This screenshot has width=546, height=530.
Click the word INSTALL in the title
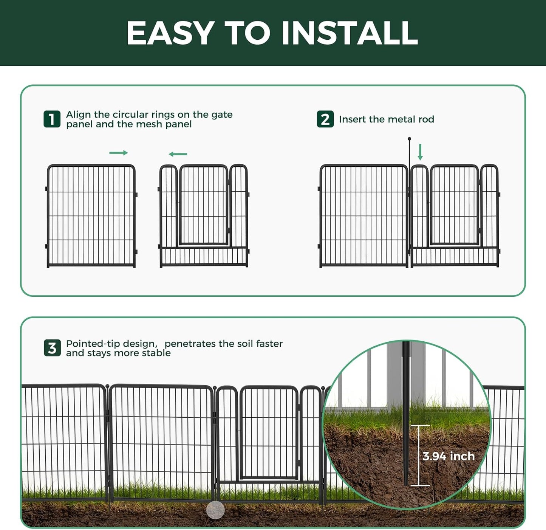pos(350,33)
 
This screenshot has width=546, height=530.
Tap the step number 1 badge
pos(52,119)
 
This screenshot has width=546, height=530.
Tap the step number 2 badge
pos(325,119)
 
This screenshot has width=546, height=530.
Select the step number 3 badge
pos(52,348)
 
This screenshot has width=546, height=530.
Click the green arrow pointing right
pos(118,153)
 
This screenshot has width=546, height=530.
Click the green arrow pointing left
pos(178,154)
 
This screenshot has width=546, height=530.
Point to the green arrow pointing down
pos(420,152)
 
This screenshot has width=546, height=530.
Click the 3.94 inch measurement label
pos(449,456)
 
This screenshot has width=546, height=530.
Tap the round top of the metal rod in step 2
pos(409,139)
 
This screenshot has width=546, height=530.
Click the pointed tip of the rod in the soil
pos(406,484)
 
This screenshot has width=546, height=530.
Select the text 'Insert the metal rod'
pos(386,119)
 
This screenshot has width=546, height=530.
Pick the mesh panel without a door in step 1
pos(91,215)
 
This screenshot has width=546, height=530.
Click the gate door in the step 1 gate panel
pos(204,205)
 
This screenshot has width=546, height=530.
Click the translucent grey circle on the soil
pos(215,510)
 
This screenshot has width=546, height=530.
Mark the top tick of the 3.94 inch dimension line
pos(420,426)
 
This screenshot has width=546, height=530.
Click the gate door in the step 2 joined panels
pos(455,205)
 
